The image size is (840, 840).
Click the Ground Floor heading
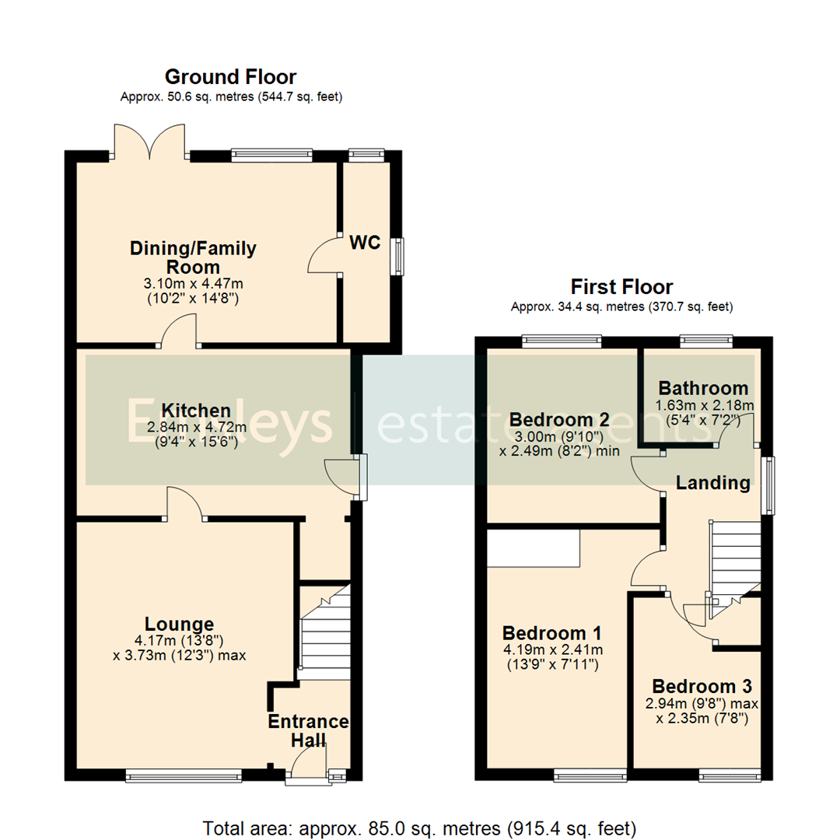point(231,77)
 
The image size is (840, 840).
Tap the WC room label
point(365,243)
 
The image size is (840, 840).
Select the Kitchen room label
point(196,410)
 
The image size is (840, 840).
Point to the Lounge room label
point(179,624)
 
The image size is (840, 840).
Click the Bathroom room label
point(703,388)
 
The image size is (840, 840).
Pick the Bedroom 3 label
point(702,687)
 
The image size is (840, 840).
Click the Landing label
point(712,483)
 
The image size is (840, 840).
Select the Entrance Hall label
point(309,730)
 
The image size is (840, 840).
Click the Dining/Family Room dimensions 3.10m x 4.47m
point(193,284)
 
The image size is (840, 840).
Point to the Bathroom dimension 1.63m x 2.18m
point(703,405)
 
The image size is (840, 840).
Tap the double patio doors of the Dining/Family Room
point(150,142)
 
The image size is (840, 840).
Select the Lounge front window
point(184,775)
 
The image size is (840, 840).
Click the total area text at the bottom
point(420,826)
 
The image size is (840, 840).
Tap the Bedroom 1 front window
point(590,775)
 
